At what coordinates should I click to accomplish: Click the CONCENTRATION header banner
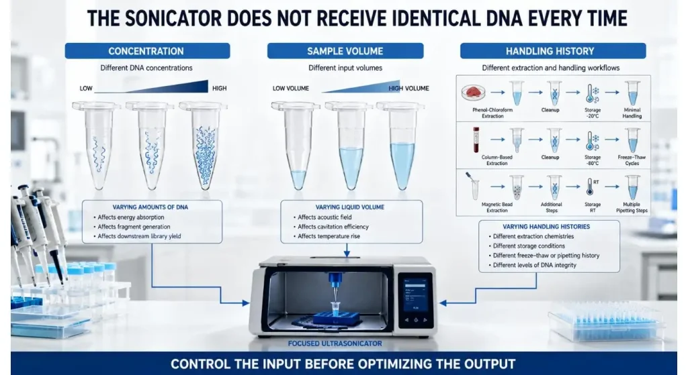click(147, 51)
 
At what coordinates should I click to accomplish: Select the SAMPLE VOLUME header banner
click(345, 51)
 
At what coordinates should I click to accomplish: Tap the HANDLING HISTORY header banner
click(553, 51)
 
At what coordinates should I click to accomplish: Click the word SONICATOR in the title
click(181, 18)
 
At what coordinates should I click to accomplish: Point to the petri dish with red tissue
click(474, 93)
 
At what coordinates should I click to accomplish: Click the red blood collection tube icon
click(476, 140)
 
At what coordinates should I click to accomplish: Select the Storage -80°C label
click(593, 160)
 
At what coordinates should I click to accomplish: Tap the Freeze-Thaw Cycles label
click(632, 160)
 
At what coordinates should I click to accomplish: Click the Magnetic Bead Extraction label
click(497, 207)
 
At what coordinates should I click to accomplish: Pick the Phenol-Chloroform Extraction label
click(492, 113)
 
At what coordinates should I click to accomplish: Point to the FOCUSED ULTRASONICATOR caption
click(335, 343)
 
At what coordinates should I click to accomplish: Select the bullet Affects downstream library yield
click(137, 236)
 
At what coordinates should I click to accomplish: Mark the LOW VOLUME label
click(290, 88)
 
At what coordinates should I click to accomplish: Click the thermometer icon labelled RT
click(591, 186)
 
